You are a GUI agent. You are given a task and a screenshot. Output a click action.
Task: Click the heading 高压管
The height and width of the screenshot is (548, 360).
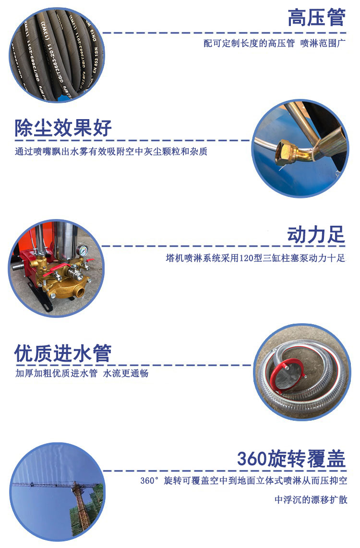click(316, 18)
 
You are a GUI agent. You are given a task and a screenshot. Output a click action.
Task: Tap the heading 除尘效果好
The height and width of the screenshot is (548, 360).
click(63, 128)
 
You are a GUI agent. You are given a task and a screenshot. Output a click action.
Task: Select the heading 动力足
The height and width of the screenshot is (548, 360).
click(316, 234)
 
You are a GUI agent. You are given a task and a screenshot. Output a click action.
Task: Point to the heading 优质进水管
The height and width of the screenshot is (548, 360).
click(63, 353)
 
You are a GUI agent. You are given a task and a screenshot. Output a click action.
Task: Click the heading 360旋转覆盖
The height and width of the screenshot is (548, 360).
click(291, 459)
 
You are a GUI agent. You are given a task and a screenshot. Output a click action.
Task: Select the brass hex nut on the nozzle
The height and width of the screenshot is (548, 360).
click(284, 153)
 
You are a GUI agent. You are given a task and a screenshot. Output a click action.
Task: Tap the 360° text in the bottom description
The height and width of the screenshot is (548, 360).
click(149, 481)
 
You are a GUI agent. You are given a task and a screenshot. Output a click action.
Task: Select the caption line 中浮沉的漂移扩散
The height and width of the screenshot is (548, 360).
click(311, 500)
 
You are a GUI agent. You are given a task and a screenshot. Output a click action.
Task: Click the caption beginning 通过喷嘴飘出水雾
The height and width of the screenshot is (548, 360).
click(111, 151)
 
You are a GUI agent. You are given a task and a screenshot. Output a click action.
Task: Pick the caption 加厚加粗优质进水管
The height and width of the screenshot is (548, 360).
click(56, 373)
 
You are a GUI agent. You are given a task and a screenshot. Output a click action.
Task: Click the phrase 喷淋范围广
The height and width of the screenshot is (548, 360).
click(323, 43)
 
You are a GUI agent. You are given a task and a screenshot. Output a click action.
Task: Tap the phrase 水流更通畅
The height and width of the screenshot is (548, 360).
click(126, 373)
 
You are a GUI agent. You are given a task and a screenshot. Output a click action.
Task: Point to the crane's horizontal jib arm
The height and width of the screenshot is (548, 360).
click(52, 485)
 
